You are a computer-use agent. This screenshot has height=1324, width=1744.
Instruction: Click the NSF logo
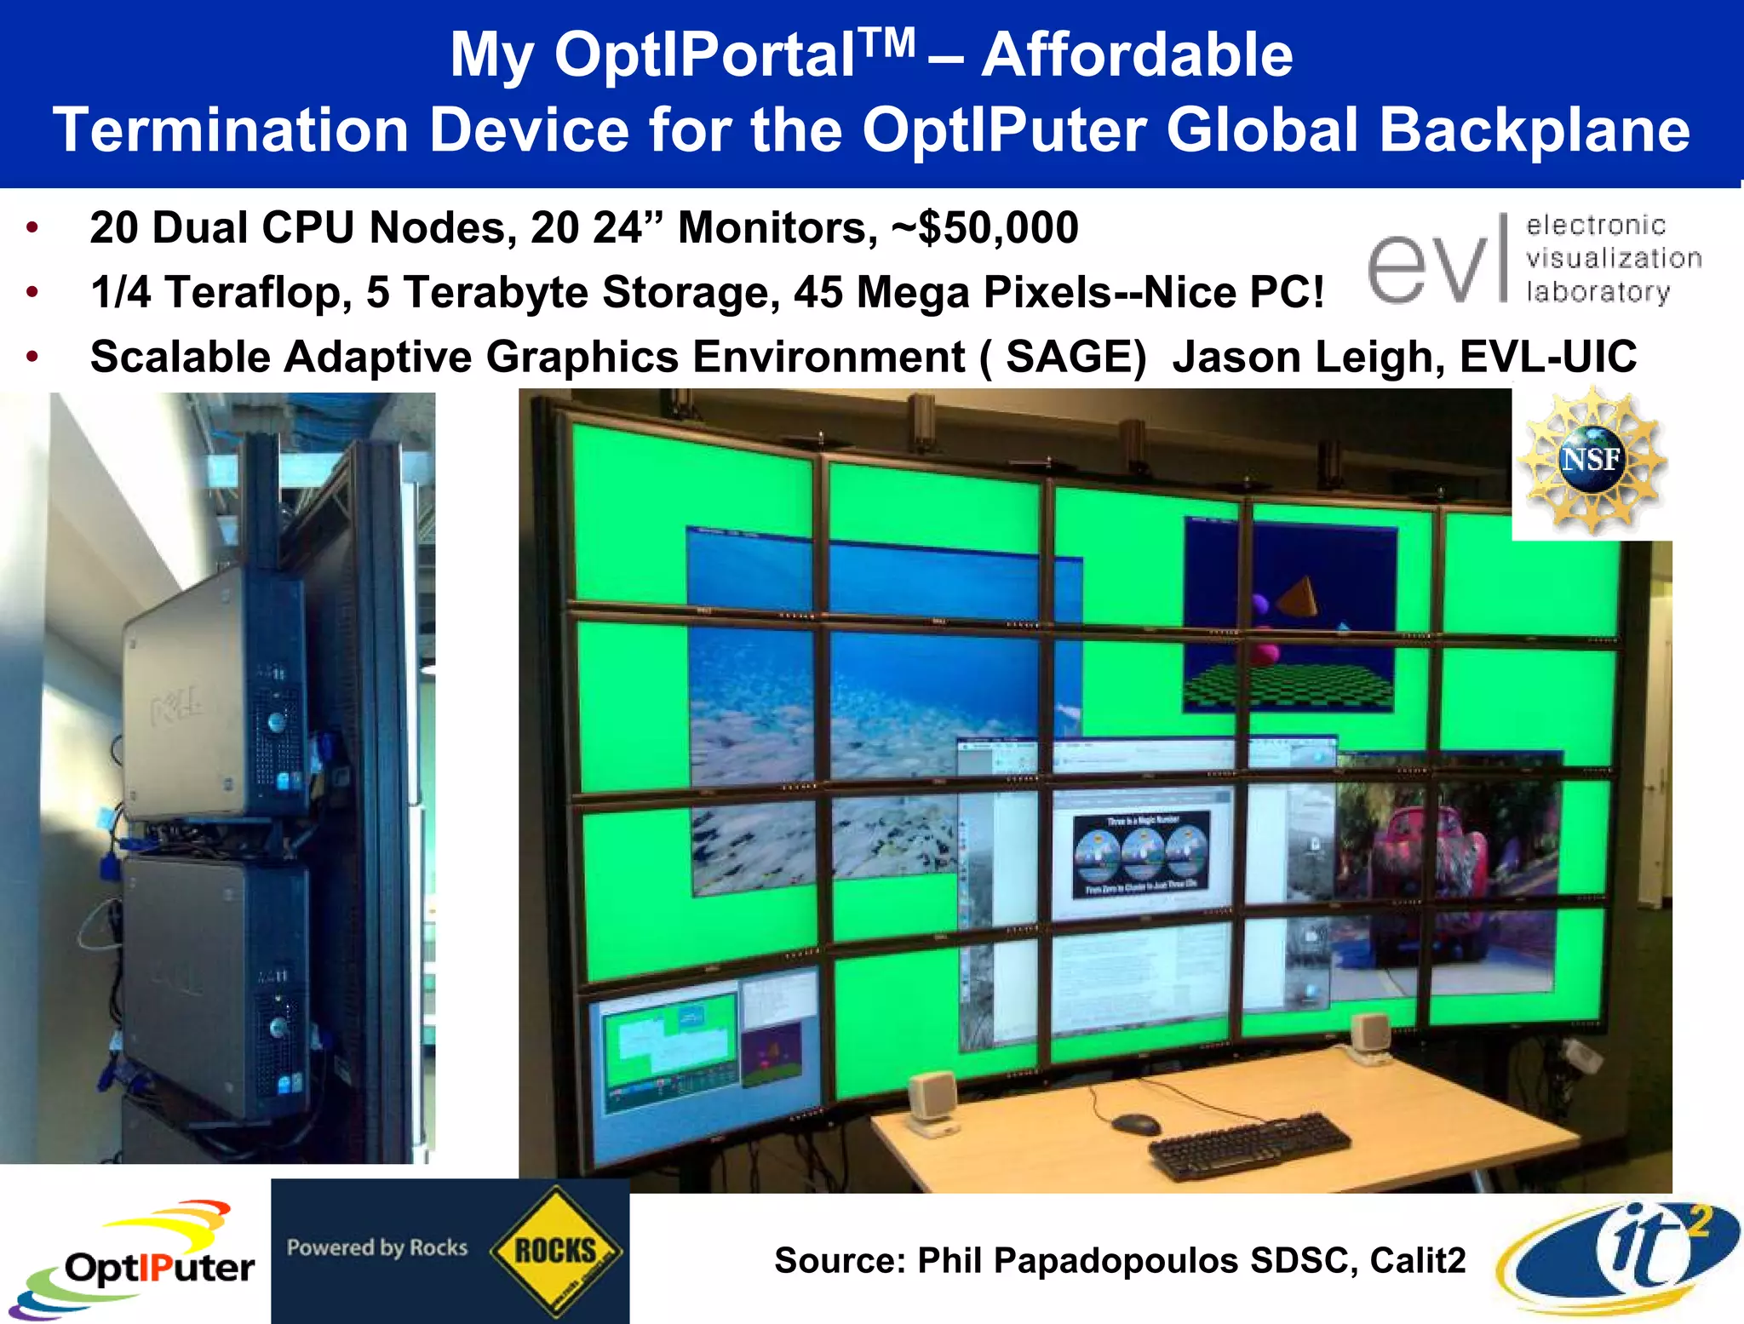(1591, 461)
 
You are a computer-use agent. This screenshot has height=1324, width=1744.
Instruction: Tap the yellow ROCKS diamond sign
(556, 1251)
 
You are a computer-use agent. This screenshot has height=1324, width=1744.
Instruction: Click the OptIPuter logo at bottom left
(136, 1258)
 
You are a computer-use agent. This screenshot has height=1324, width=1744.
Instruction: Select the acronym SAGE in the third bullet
(1076, 356)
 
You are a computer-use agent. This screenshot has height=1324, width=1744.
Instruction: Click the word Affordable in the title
(1137, 54)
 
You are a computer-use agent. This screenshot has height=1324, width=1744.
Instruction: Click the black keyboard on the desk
(1248, 1145)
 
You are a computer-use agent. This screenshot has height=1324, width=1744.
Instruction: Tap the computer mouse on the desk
(1135, 1124)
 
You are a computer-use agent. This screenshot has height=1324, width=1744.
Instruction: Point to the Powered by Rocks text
(377, 1247)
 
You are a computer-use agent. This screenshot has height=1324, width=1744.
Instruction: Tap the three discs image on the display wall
(1140, 854)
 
